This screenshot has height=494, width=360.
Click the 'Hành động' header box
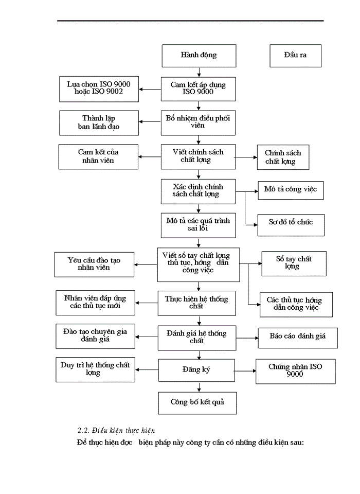pos(199,56)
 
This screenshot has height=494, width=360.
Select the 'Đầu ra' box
pos(295,56)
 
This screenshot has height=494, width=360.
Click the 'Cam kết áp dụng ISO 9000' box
pos(198,89)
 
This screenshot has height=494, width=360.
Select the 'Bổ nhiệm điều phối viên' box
pos(198,122)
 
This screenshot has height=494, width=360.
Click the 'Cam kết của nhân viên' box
pos(99,156)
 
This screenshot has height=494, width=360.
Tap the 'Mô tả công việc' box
pos(291,189)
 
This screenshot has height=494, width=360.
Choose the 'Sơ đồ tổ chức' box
pos(291,223)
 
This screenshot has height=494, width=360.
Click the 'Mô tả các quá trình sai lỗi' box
pos(198,224)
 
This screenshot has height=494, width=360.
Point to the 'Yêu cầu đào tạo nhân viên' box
pos(95,264)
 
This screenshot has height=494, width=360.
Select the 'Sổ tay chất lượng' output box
pos(294,263)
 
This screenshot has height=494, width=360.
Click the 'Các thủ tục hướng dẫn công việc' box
pos(296,304)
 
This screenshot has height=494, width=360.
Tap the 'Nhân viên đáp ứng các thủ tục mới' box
pos(95,302)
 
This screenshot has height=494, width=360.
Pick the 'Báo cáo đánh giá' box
pos(297,337)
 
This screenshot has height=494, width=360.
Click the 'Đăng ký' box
pos(198,369)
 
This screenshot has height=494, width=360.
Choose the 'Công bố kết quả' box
pos(198,402)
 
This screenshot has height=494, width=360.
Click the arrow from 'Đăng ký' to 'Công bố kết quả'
pos(199,385)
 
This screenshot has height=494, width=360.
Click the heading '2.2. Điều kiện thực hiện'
pos(116,430)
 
